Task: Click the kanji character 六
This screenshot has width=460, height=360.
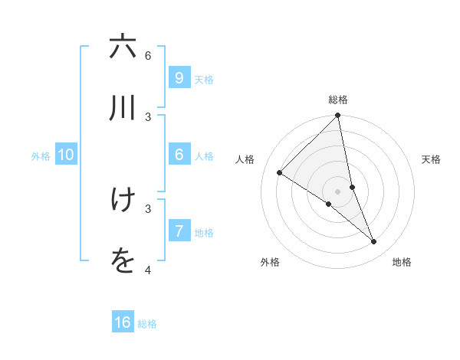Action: (123, 47)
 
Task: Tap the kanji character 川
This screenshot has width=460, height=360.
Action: (123, 108)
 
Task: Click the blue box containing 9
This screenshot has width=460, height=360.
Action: (179, 77)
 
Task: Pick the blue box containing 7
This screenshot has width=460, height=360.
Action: (179, 231)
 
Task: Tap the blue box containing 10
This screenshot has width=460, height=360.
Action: (66, 155)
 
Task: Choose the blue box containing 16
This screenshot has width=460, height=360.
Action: (123, 322)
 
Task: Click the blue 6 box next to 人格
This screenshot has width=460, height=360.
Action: (179, 155)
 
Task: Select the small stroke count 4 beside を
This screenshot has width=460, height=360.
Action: (148, 270)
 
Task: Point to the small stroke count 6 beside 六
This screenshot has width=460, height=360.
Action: (148, 55)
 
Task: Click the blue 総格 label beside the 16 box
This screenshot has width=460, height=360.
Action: (147, 324)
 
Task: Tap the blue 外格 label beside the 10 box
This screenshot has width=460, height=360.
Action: (41, 155)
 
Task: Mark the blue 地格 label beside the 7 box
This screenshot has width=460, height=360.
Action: (204, 232)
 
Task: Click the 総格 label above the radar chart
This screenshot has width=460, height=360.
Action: (338, 100)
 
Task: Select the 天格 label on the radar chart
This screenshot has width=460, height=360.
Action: (431, 159)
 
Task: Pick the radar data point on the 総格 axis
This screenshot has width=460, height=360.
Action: (338, 116)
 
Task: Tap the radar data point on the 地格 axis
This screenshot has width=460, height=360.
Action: (374, 242)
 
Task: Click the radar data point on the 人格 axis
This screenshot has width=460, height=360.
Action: (280, 173)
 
